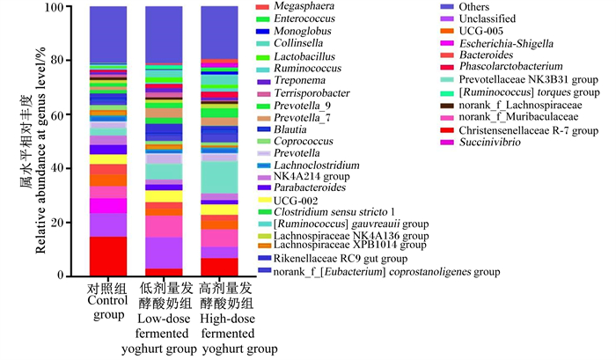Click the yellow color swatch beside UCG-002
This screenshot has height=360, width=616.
point(264,201)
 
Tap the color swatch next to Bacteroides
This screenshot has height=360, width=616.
point(447,55)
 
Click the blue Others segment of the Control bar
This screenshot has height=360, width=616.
point(108,34)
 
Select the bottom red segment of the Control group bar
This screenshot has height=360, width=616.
point(108,256)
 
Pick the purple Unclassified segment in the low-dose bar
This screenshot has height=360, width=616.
point(164,253)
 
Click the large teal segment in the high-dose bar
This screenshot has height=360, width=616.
point(219,178)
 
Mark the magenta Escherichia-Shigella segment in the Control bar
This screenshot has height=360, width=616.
point(108,206)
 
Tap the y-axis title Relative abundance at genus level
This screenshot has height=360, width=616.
point(40,151)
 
